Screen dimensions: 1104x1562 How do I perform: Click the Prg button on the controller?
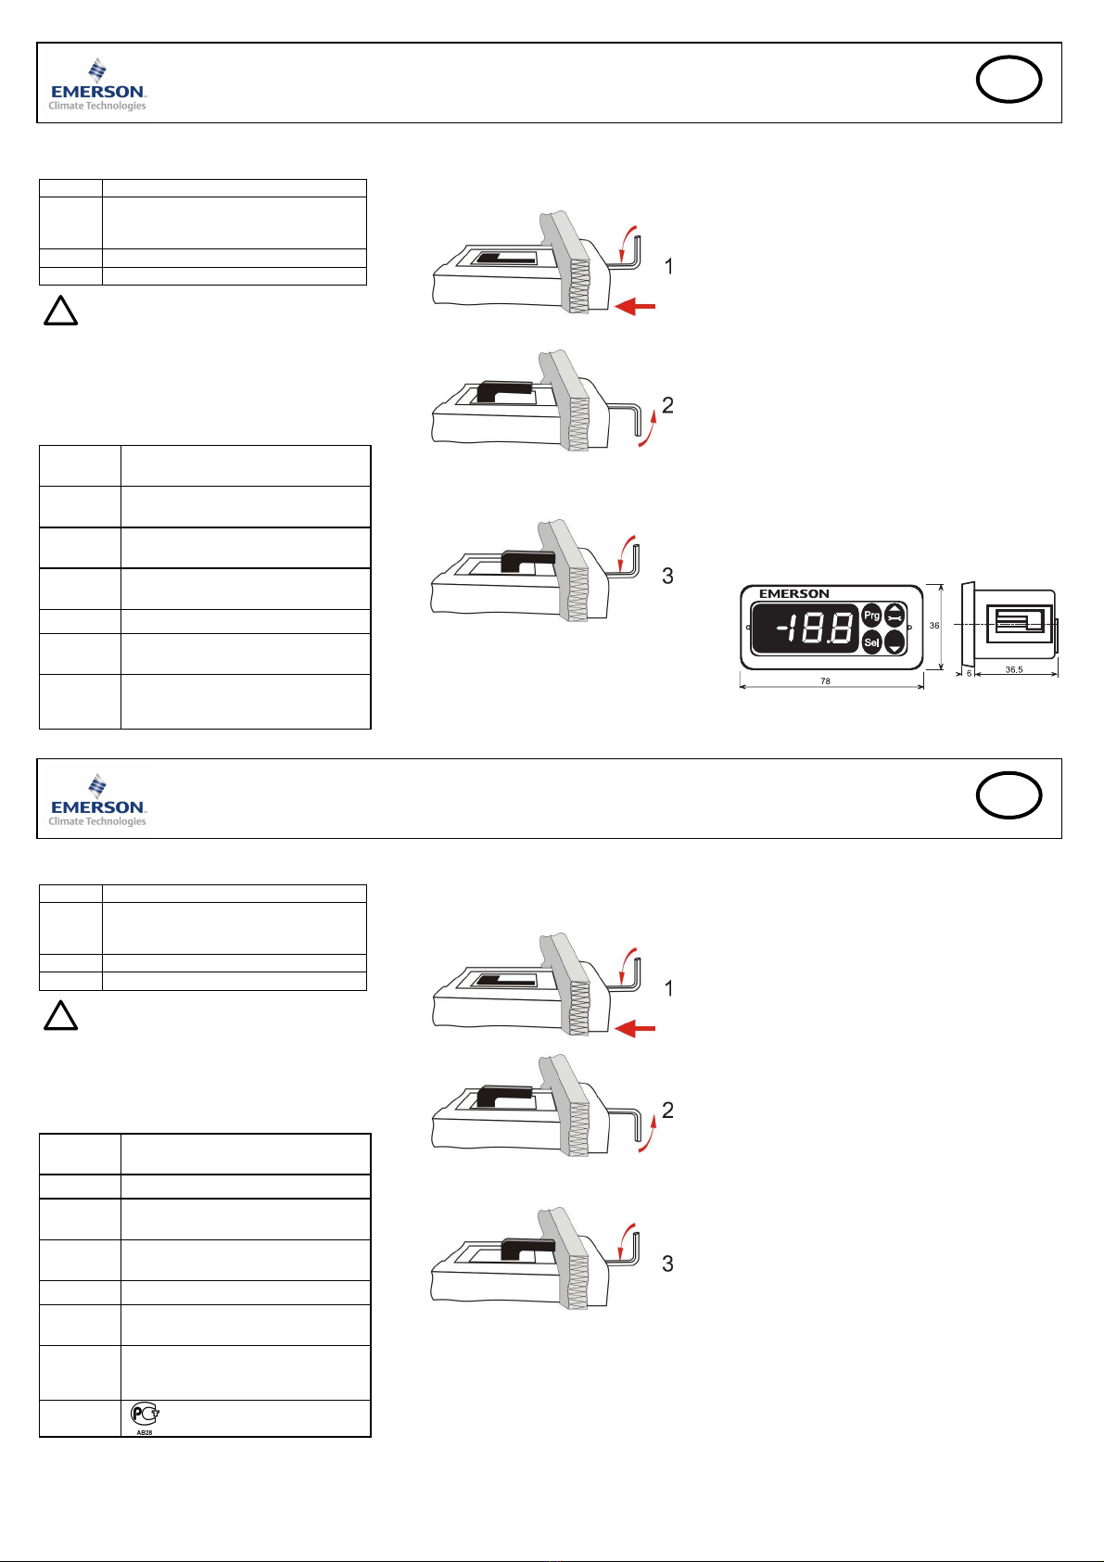(x=871, y=616)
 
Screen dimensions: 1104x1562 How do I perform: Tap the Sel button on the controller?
(x=871, y=642)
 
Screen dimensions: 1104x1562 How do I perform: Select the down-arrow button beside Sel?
(x=895, y=642)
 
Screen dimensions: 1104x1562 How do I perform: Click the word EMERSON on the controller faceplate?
(x=793, y=594)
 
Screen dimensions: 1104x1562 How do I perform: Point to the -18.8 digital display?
(x=805, y=628)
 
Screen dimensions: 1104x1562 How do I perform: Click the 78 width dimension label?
(x=825, y=681)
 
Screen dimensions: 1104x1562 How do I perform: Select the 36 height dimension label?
(x=934, y=626)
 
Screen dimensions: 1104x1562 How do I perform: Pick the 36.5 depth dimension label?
(x=1014, y=669)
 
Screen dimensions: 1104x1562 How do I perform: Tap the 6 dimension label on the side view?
(x=969, y=674)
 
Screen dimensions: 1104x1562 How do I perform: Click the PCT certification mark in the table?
(x=145, y=1415)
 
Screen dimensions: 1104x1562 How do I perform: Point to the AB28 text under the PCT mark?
(x=145, y=1432)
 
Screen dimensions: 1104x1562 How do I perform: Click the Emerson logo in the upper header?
(x=97, y=84)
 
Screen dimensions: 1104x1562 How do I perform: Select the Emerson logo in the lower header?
(x=97, y=800)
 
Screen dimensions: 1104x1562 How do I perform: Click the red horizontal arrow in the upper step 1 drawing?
(x=635, y=305)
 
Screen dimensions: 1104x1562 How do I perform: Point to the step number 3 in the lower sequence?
(x=667, y=1264)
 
